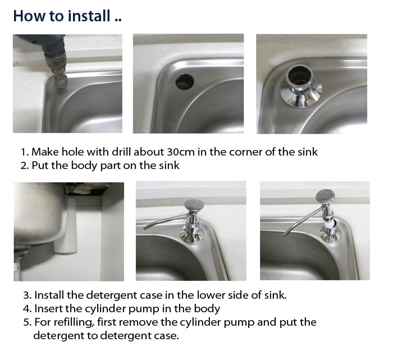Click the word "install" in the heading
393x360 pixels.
[x=89, y=16]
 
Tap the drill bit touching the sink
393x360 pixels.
[x=60, y=80]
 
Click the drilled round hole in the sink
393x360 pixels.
[x=185, y=81]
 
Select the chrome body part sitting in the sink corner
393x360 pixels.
[x=300, y=86]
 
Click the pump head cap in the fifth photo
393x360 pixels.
[x=194, y=204]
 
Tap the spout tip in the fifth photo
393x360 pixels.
[x=145, y=228]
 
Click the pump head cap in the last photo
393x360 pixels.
[x=325, y=196]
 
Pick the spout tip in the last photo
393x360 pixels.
[x=285, y=234]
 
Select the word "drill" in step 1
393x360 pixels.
[x=121, y=152]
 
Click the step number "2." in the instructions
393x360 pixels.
[x=25, y=166]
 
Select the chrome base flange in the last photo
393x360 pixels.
[x=331, y=236]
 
